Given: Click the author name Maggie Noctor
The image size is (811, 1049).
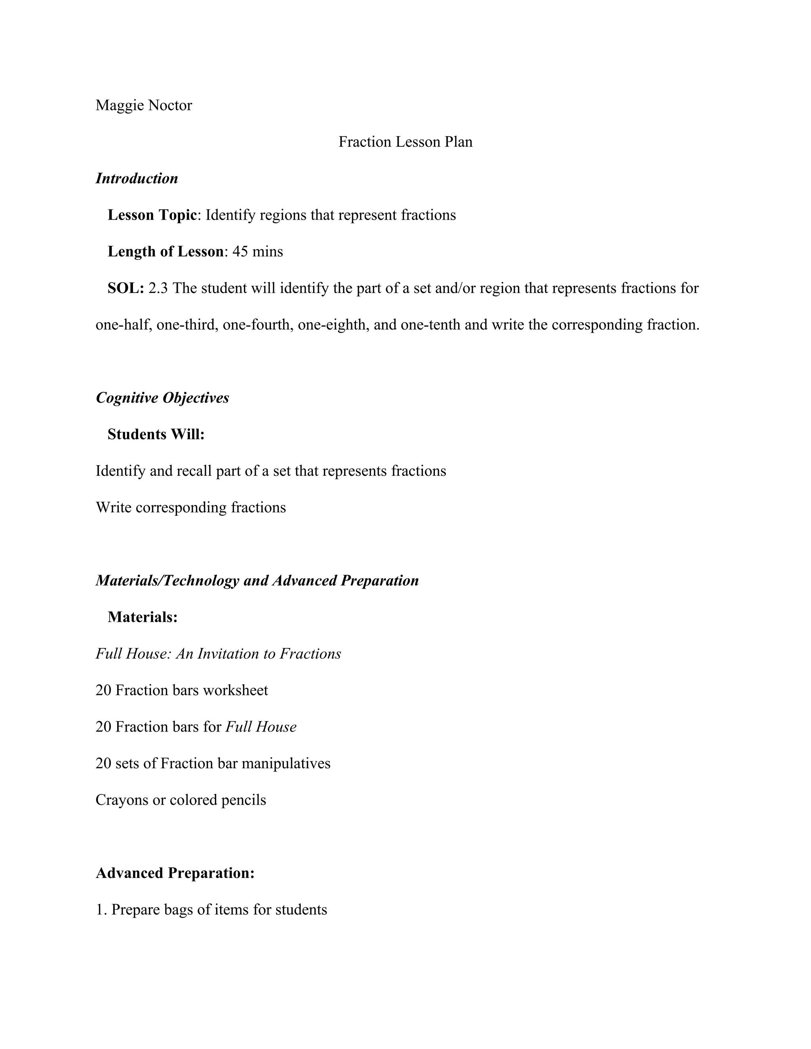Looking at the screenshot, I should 144,105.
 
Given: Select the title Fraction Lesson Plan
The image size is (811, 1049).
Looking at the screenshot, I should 405,142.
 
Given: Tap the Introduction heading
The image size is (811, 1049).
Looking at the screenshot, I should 137,179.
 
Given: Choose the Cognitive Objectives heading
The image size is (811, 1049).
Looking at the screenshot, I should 162,398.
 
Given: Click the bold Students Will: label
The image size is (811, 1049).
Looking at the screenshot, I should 156,434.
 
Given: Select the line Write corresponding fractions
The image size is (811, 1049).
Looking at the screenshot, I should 191,508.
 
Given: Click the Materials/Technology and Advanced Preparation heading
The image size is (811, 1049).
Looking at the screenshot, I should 257,581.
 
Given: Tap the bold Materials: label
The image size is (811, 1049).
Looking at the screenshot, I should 143,617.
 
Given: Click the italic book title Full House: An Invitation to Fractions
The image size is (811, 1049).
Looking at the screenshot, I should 218,654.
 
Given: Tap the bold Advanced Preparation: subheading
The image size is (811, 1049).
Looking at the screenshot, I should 175,873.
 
